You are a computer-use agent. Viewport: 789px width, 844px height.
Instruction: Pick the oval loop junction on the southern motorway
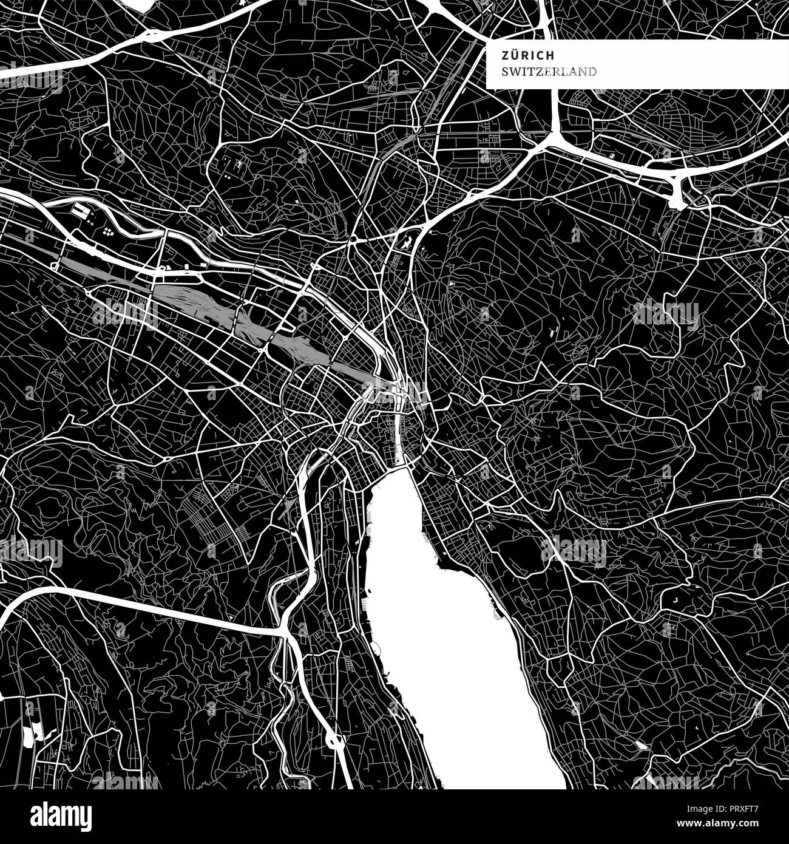pyautogui.click(x=332, y=740)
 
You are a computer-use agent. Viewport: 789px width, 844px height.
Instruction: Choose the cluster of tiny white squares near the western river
pyautogui.click(x=108, y=231)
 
